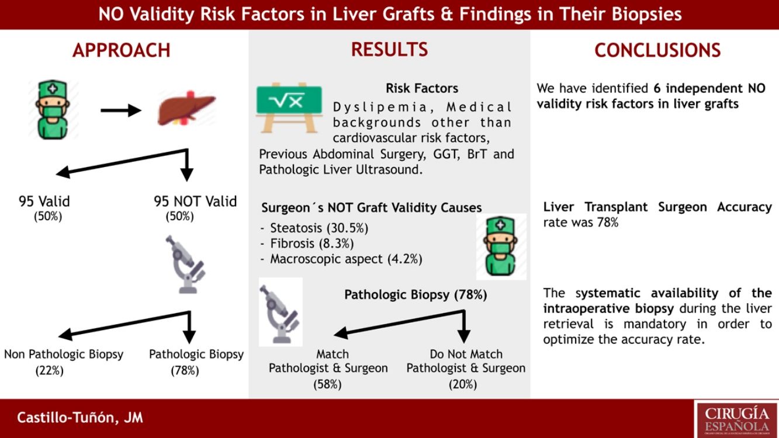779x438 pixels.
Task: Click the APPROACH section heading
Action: [122, 50]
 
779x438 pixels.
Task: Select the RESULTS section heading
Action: [389, 50]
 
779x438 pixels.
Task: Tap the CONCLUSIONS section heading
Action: [657, 50]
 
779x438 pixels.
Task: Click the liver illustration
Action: [187, 109]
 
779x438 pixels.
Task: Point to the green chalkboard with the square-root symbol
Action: [289, 108]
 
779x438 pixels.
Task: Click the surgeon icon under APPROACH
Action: [53, 110]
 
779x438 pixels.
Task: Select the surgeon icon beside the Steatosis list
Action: [500, 246]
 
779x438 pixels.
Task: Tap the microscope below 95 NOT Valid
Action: [185, 265]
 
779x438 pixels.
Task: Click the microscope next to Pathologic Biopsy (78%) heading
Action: [280, 313]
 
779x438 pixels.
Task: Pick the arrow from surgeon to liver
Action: [120, 110]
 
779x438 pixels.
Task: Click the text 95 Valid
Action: [44, 201]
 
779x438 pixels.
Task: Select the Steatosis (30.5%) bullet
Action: [314, 228]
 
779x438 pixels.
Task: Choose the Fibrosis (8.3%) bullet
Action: [307, 244]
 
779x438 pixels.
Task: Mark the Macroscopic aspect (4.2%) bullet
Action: [341, 259]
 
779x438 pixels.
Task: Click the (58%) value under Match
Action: [327, 384]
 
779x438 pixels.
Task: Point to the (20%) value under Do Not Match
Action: [463, 384]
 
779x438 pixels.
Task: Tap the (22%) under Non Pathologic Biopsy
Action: [50, 371]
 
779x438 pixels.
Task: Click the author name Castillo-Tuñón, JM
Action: [80, 418]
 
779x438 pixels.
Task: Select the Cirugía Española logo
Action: [736, 419]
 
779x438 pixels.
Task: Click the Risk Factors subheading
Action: [422, 88]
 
